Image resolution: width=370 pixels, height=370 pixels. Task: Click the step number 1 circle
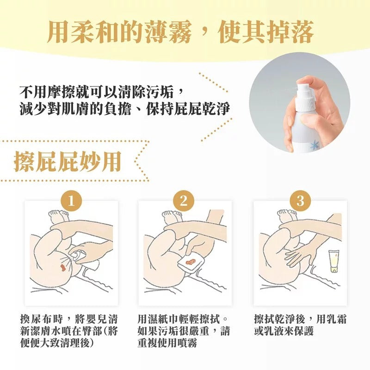coord(71,201)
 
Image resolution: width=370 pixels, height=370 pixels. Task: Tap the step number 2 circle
coord(183,201)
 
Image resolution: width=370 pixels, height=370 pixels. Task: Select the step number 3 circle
coord(300,201)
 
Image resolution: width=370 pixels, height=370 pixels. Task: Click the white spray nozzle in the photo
coord(305,94)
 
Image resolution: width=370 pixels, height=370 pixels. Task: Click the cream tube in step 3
coord(334,261)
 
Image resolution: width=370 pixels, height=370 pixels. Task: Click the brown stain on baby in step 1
coord(63,268)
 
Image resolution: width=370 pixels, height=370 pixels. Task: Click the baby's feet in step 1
coord(58,215)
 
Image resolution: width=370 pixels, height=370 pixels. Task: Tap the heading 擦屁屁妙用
coord(68,161)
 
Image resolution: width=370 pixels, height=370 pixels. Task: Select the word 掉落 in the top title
coord(290,32)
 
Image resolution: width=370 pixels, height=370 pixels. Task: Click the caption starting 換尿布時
coord(69,331)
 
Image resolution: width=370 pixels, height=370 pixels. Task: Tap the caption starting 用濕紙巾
coord(183,331)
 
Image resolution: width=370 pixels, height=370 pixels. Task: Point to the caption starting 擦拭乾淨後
coord(300,325)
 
